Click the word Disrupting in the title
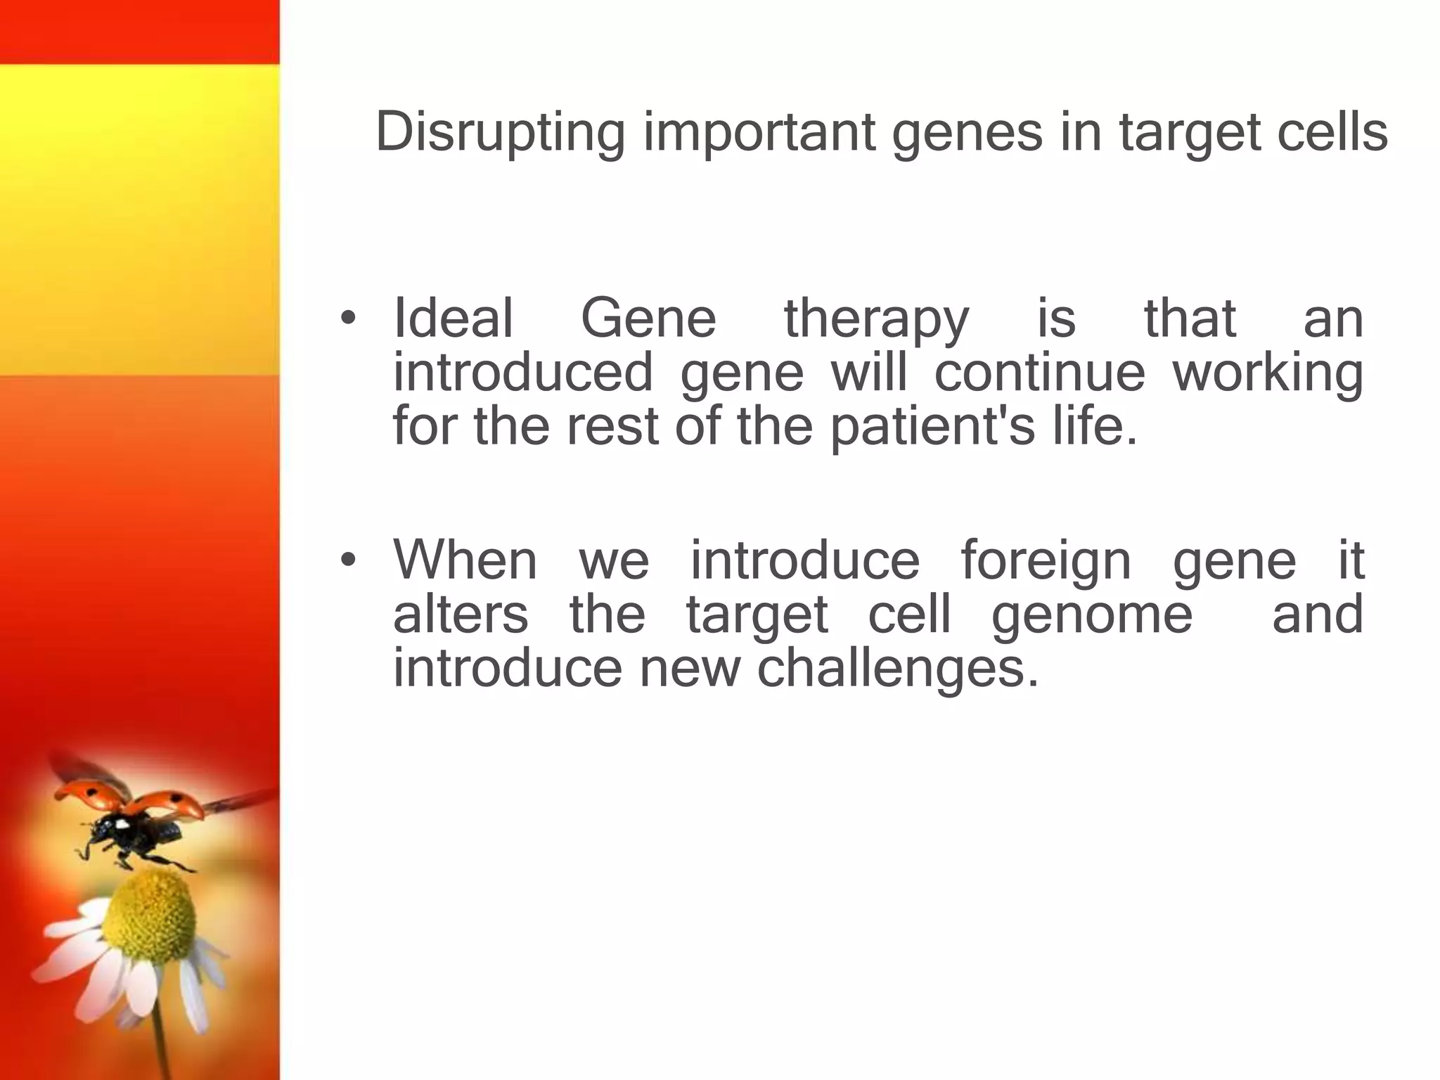500,132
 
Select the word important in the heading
759,132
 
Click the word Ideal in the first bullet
453,319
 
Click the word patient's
932,427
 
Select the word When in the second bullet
465,560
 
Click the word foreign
1046,561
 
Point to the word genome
1091,615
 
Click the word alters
460,614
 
